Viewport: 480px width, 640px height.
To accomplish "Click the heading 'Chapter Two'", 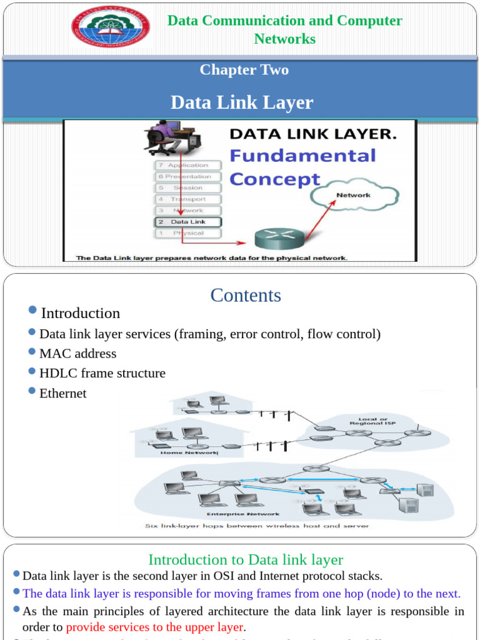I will click(244, 69).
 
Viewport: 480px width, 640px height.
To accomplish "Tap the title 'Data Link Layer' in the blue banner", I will click(242, 102).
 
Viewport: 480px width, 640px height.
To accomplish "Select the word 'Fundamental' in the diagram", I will click(302, 155).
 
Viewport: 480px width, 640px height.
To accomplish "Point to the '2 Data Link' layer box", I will click(188, 222).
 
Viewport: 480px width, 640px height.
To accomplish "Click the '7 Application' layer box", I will click(188, 165).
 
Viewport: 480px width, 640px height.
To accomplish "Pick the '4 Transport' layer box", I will click(188, 199).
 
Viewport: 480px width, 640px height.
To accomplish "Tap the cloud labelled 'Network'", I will click(353, 196).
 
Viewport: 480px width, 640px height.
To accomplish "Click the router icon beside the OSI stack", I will click(278, 237).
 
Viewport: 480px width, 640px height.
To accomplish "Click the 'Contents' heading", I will click(246, 295).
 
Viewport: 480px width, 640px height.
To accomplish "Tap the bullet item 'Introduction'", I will click(81, 313).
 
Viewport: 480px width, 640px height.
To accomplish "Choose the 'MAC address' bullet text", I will click(77, 354).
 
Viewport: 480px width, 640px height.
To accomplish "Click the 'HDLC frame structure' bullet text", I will click(102, 373).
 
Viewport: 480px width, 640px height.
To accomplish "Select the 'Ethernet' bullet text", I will click(63, 393).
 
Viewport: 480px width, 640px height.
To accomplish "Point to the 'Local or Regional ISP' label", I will click(372, 421).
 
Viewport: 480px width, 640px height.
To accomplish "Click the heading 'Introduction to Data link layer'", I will click(246, 559).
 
